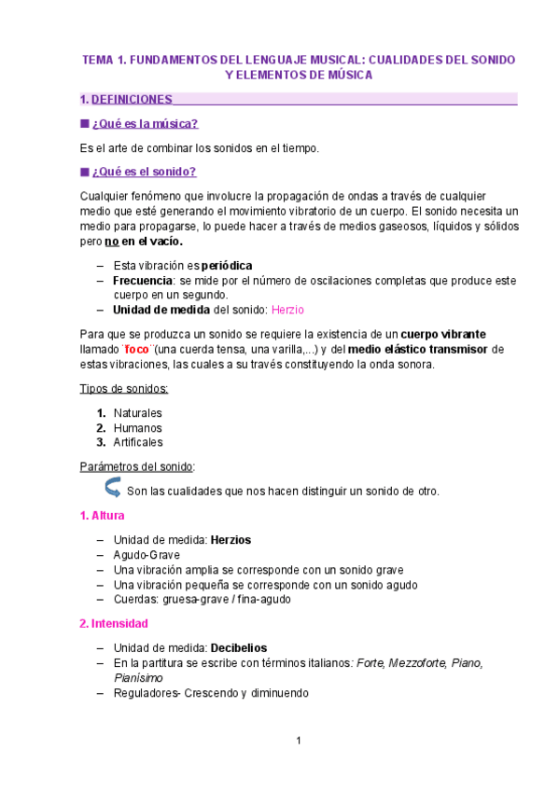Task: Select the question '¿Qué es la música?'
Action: [145, 123]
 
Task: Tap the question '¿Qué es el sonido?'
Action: [144, 172]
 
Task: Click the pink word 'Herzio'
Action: [287, 310]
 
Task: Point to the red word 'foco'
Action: [137, 350]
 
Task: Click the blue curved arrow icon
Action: [112, 489]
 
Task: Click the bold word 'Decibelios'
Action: [239, 647]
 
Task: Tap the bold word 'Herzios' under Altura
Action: [231, 539]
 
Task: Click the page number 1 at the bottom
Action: [298, 742]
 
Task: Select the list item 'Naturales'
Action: [137, 412]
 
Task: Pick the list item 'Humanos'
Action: [137, 427]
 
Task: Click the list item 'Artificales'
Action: [138, 442]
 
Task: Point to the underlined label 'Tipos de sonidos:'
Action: [125, 388]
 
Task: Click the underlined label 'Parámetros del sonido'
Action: [138, 466]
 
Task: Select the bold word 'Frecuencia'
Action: [143, 280]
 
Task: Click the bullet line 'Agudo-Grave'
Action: [147, 554]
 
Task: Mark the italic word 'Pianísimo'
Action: [138, 677]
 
